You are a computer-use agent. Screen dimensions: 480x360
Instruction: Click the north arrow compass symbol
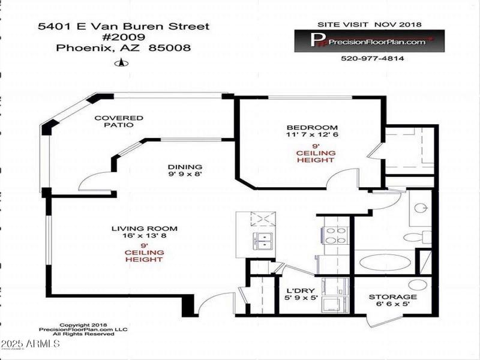(122, 64)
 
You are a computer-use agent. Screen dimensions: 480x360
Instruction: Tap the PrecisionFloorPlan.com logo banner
(370, 41)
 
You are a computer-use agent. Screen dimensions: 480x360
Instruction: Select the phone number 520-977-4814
(372, 58)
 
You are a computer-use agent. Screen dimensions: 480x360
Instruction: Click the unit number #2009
(124, 37)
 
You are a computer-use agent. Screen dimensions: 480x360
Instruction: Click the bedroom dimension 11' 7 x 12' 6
(312, 134)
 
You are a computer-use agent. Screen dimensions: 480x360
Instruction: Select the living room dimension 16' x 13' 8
(144, 235)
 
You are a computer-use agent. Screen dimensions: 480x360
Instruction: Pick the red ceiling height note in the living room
(144, 253)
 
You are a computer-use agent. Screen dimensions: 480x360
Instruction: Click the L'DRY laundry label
(301, 290)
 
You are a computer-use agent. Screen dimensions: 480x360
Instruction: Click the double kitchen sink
(263, 241)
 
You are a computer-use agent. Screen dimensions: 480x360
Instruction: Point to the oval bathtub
(385, 263)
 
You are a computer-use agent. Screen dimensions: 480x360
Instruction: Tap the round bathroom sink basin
(421, 208)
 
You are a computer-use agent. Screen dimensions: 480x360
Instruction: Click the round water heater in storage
(418, 284)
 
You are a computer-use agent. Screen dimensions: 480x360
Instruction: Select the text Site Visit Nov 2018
(370, 25)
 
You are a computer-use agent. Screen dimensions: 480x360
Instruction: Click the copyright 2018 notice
(83, 325)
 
